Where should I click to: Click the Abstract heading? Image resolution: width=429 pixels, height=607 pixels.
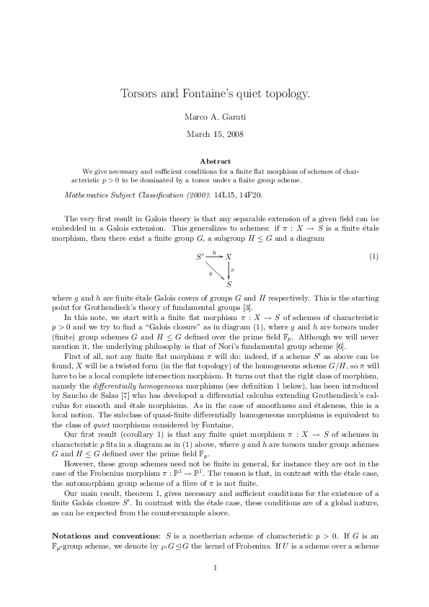point(215,161)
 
